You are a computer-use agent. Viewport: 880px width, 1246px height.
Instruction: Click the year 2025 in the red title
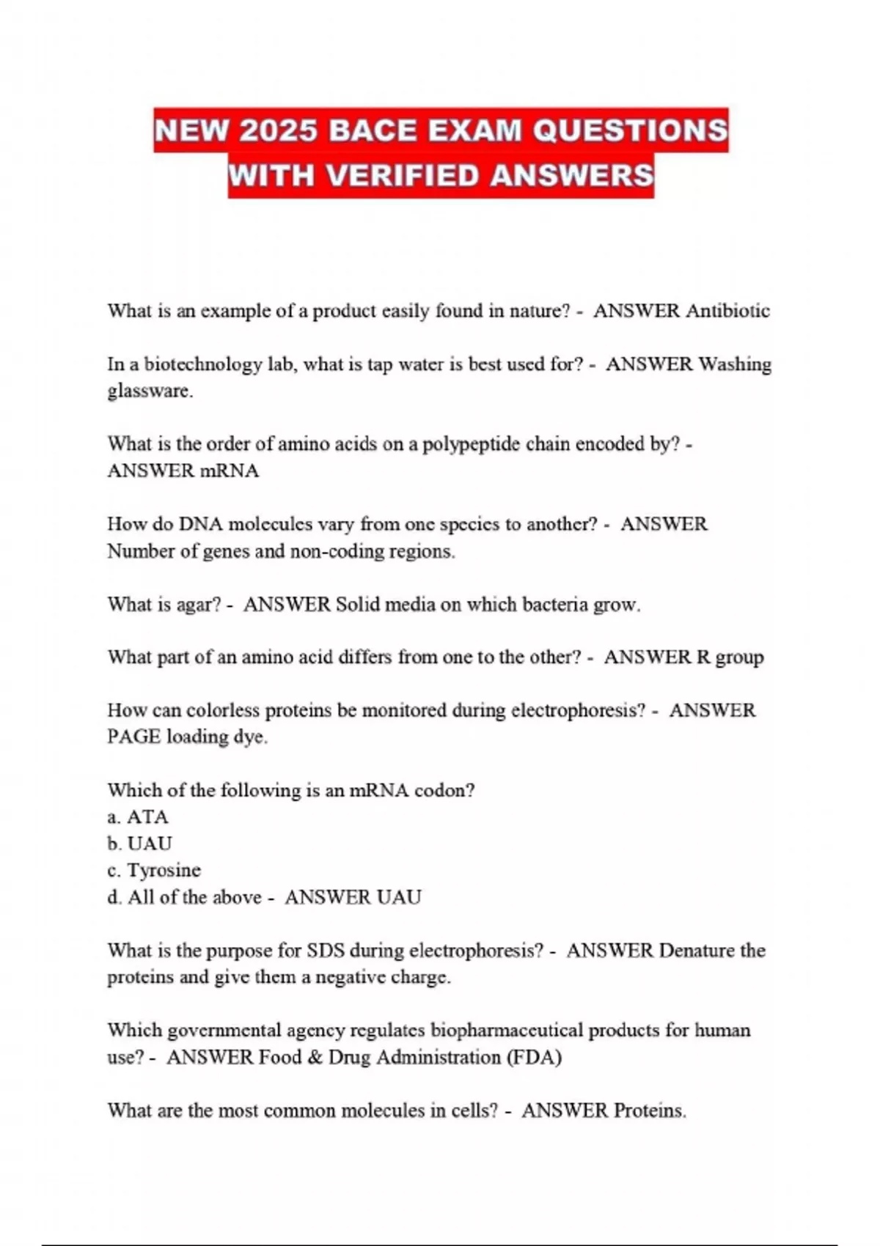pos(278,131)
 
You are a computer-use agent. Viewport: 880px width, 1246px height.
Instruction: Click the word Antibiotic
pos(727,311)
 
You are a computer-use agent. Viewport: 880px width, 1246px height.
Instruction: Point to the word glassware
pos(150,391)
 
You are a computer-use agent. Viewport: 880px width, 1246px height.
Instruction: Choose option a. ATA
pos(138,817)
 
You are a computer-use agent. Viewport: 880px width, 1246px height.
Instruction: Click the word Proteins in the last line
pos(648,1111)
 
